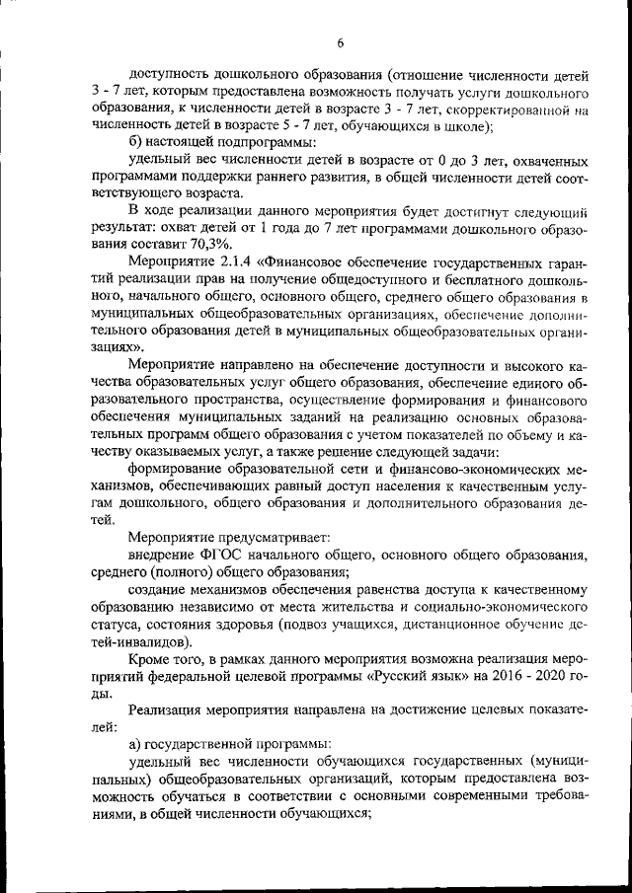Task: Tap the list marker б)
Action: pyautogui.click(x=139, y=142)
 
